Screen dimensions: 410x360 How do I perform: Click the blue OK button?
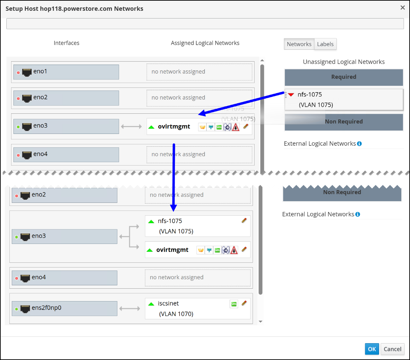coord(372,349)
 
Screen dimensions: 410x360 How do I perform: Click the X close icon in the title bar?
coord(403,8)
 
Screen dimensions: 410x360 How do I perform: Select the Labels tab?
coord(325,44)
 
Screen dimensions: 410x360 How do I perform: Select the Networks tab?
coord(299,44)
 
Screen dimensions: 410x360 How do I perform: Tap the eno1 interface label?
coord(40,71)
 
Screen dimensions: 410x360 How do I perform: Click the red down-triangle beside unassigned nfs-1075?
coord(291,95)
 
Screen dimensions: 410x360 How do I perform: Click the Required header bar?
coord(344,77)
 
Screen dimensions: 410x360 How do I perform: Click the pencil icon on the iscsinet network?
coord(244,303)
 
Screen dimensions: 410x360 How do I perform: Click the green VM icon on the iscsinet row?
coord(234,304)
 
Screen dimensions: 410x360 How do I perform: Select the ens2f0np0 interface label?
coord(46,308)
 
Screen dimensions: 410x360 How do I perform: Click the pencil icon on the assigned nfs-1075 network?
coord(244,220)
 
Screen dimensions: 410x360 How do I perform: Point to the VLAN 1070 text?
coord(176,314)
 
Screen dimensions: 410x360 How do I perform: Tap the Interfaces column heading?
coord(66,43)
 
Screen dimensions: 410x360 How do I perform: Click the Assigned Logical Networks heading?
coord(205,43)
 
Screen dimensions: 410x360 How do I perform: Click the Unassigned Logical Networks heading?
coord(344,62)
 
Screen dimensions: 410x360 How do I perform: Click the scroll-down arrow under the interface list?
coord(261,322)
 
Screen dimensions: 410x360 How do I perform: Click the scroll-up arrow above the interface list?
coord(262,60)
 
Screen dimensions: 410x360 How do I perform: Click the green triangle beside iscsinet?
coord(151,304)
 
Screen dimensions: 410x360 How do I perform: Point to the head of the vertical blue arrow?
coord(174,211)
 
